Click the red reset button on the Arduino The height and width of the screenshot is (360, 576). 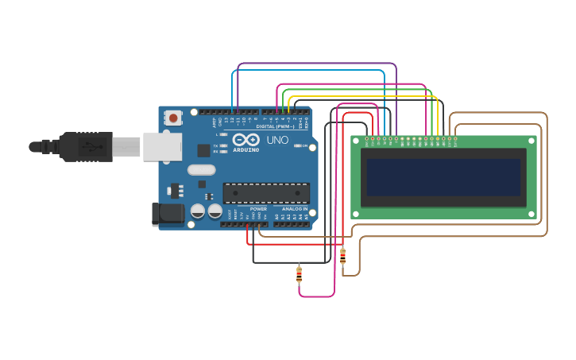pyautogui.click(x=173, y=118)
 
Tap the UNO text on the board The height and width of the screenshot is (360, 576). pyautogui.click(x=277, y=140)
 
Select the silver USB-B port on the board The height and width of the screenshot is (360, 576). pyautogui.click(x=162, y=146)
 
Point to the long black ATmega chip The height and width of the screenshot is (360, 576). pyautogui.click(x=266, y=193)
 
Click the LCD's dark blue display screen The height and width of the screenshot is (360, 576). pyautogui.click(x=443, y=176)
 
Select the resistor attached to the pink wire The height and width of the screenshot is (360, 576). pyautogui.click(x=299, y=275)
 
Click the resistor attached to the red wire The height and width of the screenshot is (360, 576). pyautogui.click(x=342, y=256)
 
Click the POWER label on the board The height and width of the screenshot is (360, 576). pyautogui.click(x=258, y=209)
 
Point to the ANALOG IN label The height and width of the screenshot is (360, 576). pyautogui.click(x=295, y=209)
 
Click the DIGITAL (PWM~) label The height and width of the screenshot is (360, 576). pyautogui.click(x=275, y=126)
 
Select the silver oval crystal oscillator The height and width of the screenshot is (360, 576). pyautogui.click(x=202, y=169)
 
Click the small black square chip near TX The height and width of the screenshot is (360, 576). pyautogui.click(x=203, y=149)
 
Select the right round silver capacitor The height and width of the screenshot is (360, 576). pyautogui.click(x=215, y=211)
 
